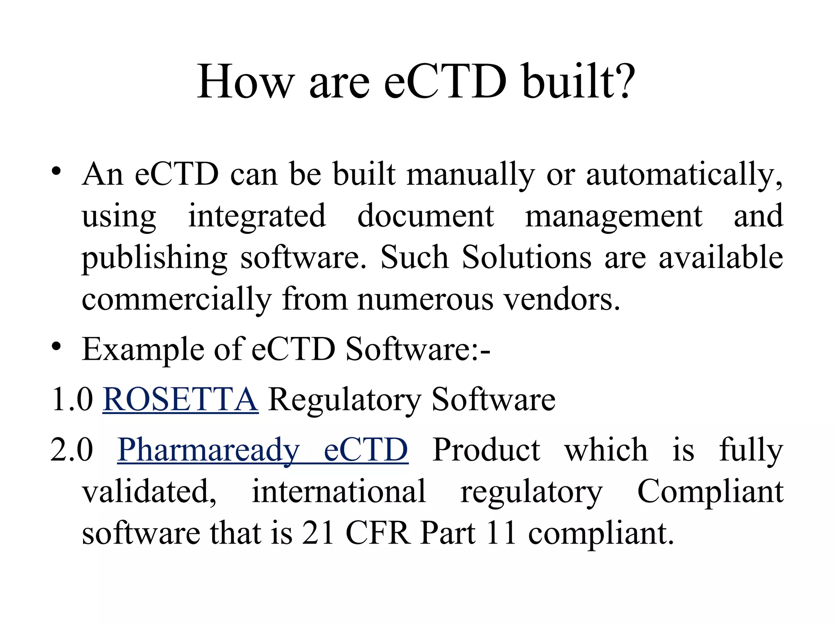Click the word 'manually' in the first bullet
coord(470,174)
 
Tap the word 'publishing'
coord(154,258)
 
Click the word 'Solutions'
coord(526,257)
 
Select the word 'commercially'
coord(176,299)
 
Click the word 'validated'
coord(149,491)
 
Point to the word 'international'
coord(339,491)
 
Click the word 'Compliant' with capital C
coord(710,491)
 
